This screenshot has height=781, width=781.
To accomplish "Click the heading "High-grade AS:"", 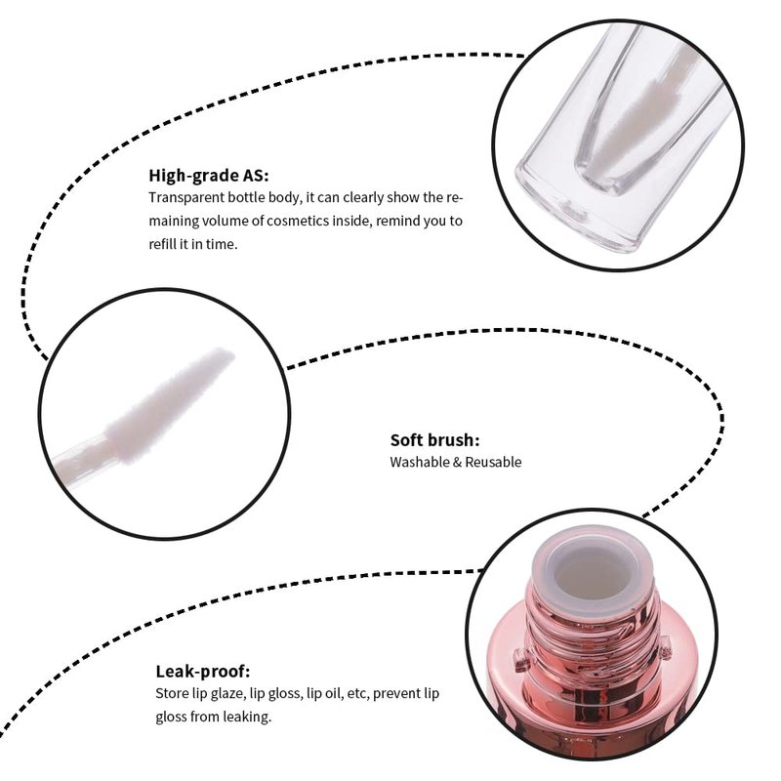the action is coord(208,176).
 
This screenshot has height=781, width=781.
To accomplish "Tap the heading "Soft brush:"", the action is coord(434,440).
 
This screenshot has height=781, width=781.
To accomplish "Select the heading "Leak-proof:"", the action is coord(203,672).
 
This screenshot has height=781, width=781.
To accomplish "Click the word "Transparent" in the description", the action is coord(185,198).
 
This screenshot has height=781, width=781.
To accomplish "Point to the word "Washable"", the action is coord(420,462).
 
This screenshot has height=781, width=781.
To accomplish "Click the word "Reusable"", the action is coord(493,462).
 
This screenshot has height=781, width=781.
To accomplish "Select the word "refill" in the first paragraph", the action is coord(162,244).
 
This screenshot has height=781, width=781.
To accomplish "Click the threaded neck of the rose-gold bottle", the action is coord(594,628).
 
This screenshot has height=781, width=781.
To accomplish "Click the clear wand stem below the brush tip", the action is coord(82,455).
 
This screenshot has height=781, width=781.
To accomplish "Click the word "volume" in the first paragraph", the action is coord(226,221).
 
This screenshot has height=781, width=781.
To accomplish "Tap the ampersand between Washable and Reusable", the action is coord(457,463).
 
